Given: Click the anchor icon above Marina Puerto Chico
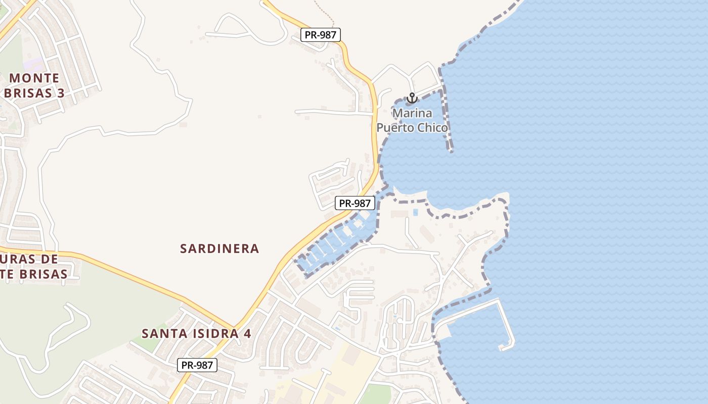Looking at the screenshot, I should pyautogui.click(x=412, y=97).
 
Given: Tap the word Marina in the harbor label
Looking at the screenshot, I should pyautogui.click(x=412, y=113).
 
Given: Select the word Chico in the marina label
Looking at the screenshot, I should pyautogui.click(x=431, y=128).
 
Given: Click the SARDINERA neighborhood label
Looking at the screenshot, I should pyautogui.click(x=219, y=248).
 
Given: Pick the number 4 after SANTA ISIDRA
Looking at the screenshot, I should pyautogui.click(x=248, y=334).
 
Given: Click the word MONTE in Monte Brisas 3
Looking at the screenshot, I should pyautogui.click(x=34, y=78).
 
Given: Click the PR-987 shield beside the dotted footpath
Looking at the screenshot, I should pyautogui.click(x=321, y=35).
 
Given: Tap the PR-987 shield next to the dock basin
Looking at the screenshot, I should pyautogui.click(x=355, y=203).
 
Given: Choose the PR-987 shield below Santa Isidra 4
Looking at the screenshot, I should pyautogui.click(x=197, y=365).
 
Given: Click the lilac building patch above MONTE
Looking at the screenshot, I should pyautogui.click(x=34, y=65).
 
